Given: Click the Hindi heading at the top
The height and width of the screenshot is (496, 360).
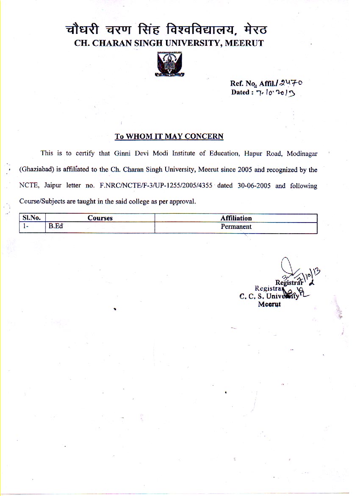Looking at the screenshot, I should pyautogui.click(x=166, y=30).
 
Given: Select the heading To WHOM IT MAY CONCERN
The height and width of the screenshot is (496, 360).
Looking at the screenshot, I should pyautogui.click(x=169, y=137).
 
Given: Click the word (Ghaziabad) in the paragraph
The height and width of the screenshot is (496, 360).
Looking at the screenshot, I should pyautogui.click(x=36, y=170).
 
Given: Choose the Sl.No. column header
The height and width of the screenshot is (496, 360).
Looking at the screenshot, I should pyautogui.click(x=31, y=218).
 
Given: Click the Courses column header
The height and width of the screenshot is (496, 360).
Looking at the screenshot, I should pyautogui.click(x=100, y=218).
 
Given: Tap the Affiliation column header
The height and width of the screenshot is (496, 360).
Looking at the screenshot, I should pyautogui.click(x=236, y=218).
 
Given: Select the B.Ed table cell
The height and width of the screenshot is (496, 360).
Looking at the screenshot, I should pyautogui.click(x=55, y=226).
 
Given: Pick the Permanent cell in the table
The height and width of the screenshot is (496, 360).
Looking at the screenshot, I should pyautogui.click(x=236, y=226).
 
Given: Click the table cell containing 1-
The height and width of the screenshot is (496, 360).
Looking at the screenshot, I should pyautogui.click(x=26, y=226).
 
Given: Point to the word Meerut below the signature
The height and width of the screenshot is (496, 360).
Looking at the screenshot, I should pyautogui.click(x=269, y=304).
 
